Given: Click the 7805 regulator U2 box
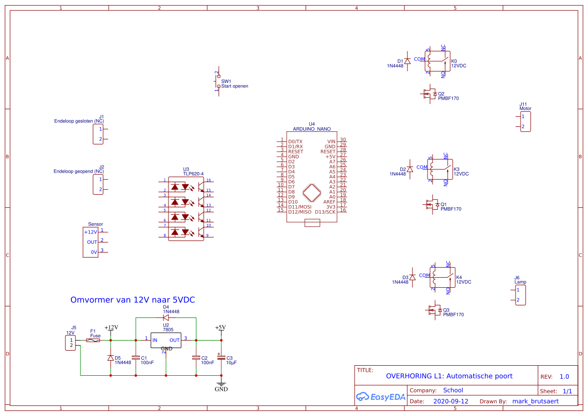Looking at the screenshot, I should [165, 341].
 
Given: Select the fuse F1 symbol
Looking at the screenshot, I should [93, 341].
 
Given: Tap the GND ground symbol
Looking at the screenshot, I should [221, 385].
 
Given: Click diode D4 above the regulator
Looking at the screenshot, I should [165, 318].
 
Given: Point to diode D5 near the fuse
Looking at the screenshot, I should [111, 358].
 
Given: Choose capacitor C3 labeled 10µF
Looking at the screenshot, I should [221, 358].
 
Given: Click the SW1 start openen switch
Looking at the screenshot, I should [218, 81].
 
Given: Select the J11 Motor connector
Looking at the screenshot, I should [525, 121].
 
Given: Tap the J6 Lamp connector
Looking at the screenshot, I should [521, 295].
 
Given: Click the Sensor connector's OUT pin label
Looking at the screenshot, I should [92, 242].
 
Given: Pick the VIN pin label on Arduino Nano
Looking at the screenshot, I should [331, 141].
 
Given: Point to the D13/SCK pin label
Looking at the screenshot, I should [325, 212].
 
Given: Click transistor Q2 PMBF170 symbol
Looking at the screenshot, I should [430, 94].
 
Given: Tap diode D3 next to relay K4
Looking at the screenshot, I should [412, 277].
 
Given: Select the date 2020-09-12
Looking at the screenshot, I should [450, 401].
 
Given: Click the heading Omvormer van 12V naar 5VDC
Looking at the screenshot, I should [132, 300].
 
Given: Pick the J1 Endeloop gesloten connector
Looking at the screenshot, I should [98, 134].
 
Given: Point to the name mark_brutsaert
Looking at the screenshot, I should [535, 401].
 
